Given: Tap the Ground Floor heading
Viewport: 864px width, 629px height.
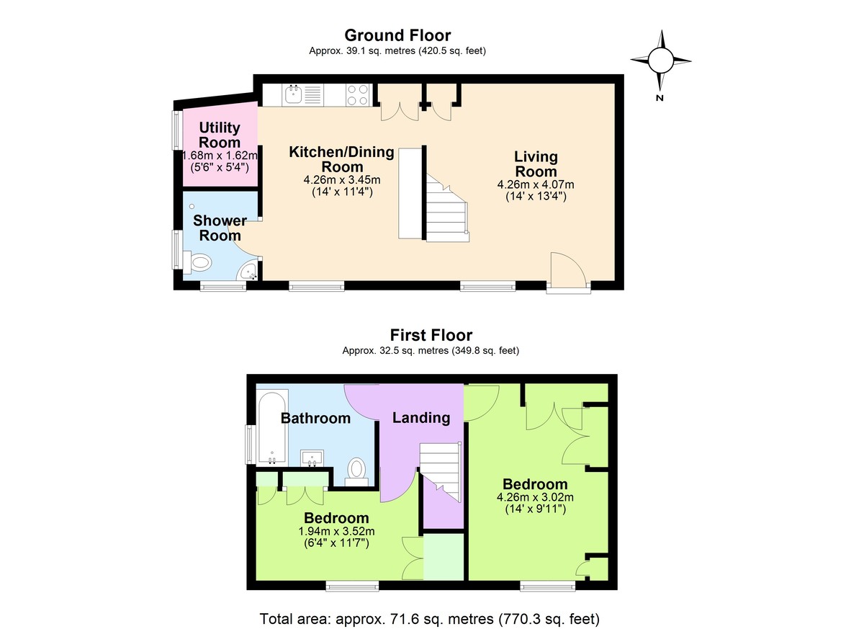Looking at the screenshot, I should [397, 35].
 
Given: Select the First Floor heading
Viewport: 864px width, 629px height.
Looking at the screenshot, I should [431, 335].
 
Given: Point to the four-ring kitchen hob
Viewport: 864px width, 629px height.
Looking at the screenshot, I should [358, 95].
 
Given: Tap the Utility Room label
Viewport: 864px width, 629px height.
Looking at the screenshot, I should [220, 135].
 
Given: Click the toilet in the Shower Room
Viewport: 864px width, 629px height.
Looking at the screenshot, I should [199, 262].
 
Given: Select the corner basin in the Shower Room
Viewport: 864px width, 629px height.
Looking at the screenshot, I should [250, 272].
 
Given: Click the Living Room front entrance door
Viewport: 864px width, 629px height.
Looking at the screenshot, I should [567, 272].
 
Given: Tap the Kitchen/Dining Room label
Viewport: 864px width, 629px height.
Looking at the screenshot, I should [341, 159].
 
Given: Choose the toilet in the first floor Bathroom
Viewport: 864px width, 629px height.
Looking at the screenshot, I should [356, 469].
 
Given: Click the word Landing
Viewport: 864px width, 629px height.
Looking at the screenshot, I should [420, 418].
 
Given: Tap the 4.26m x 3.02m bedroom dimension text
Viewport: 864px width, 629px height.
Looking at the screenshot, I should [534, 496].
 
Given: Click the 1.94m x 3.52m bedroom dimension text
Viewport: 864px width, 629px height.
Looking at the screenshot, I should [336, 531].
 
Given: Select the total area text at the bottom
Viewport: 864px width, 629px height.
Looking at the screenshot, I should [429, 618].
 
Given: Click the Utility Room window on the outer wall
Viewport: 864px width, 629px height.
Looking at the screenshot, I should [176, 130].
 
